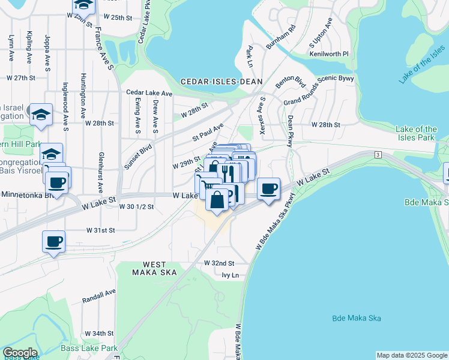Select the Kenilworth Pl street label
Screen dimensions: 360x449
329,53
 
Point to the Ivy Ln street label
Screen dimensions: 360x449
231,275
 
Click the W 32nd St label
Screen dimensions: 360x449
219,263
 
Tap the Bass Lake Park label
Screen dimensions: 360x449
89,348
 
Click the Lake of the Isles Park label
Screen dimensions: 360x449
417,133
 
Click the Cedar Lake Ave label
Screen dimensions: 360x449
149,93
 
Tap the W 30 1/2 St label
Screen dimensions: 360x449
136,206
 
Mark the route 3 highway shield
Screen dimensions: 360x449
378,155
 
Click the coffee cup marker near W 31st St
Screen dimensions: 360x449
54,241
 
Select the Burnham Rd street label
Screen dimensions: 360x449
281,37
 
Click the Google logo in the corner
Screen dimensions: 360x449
20,353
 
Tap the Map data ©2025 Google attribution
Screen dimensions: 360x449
412,355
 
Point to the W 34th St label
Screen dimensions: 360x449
99,333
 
